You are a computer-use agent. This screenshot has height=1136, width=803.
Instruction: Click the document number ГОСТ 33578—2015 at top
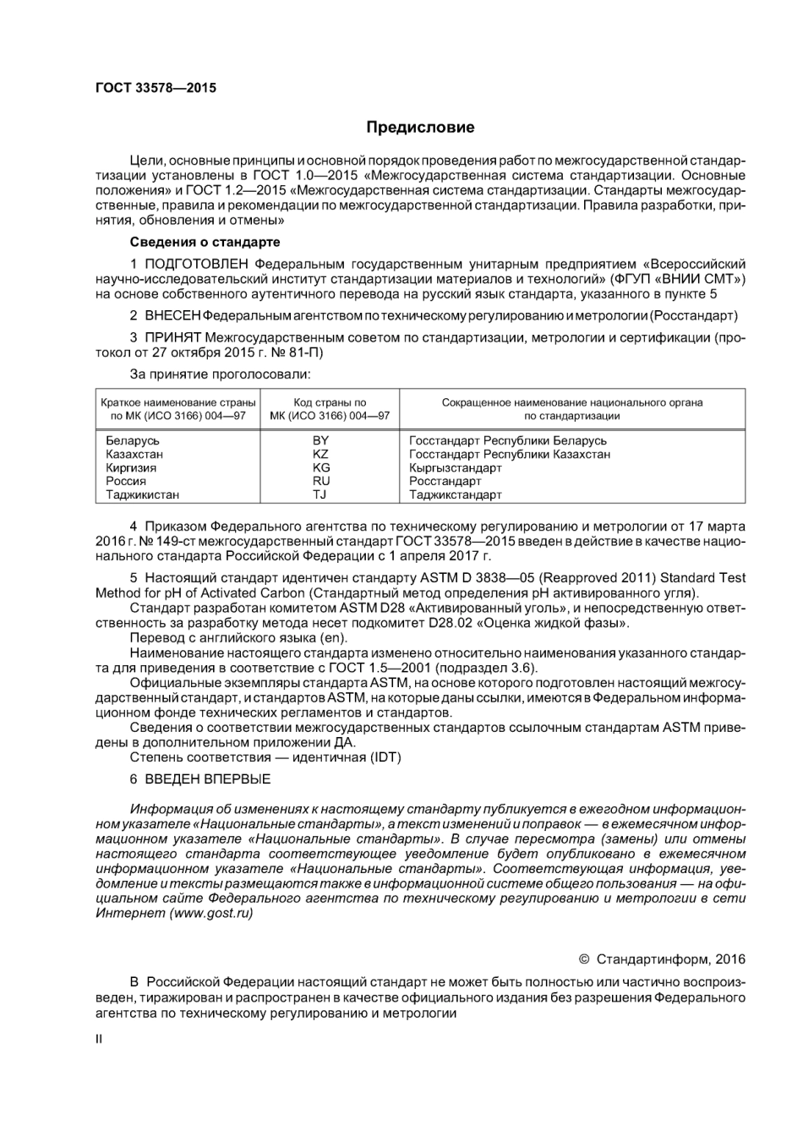click(x=156, y=88)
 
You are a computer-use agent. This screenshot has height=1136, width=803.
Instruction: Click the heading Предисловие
click(x=420, y=128)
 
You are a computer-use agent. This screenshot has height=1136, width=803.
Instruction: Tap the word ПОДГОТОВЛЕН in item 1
click(x=197, y=264)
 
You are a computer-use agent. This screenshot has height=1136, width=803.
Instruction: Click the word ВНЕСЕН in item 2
click(x=172, y=315)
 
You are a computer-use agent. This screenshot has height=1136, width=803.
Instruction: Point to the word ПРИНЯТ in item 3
click(x=172, y=337)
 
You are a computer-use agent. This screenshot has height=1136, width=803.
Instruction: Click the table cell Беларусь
click(x=133, y=440)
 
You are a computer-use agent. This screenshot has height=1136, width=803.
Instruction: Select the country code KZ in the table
click(x=320, y=454)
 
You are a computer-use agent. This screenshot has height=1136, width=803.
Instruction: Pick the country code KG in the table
click(x=320, y=467)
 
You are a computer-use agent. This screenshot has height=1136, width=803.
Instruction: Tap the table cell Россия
click(x=126, y=481)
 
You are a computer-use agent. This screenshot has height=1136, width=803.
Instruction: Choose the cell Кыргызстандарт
click(x=455, y=467)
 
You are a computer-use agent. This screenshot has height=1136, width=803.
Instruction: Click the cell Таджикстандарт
click(x=455, y=494)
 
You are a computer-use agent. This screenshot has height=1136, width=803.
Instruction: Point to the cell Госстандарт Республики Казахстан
click(x=509, y=454)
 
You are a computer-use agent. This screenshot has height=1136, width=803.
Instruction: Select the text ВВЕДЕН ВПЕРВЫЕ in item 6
click(x=208, y=778)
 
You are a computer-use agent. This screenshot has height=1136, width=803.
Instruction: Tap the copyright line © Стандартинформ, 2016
click(x=662, y=958)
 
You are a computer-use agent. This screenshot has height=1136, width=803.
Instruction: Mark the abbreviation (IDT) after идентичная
click(x=385, y=756)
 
